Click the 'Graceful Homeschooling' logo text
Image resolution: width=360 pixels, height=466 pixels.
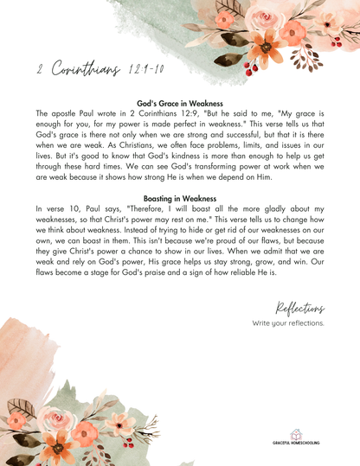(295, 443)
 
